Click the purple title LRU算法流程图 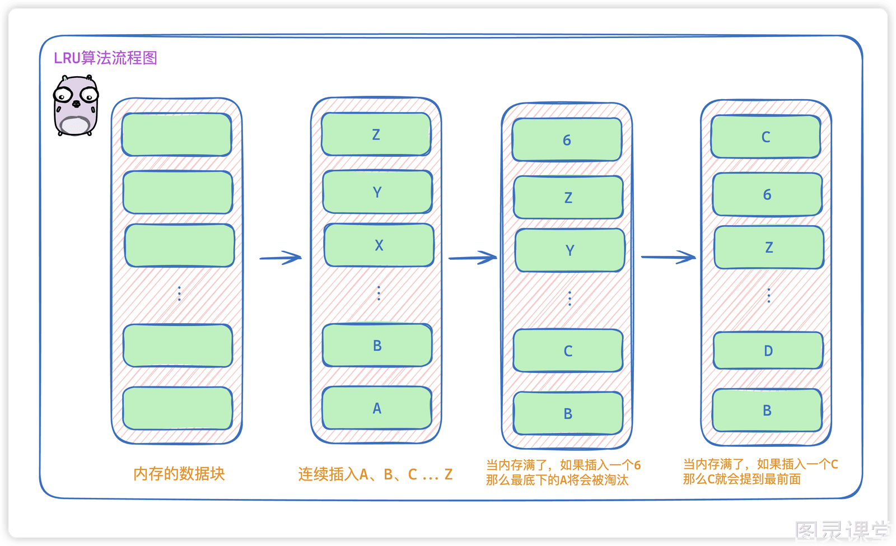105,58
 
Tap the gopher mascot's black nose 76,104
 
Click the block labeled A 377,408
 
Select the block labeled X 379,245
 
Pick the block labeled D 768,351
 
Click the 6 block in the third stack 567,139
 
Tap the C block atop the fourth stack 766,137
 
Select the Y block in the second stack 377,192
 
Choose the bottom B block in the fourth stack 767,410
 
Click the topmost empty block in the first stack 177,134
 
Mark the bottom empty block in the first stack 178,408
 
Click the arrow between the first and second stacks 281,258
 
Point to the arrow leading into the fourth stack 668,257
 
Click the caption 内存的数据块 179,474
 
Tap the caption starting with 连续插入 375,474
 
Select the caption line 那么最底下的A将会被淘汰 557,479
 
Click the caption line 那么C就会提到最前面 741,479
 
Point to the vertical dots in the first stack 179,293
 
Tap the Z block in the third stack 568,197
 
